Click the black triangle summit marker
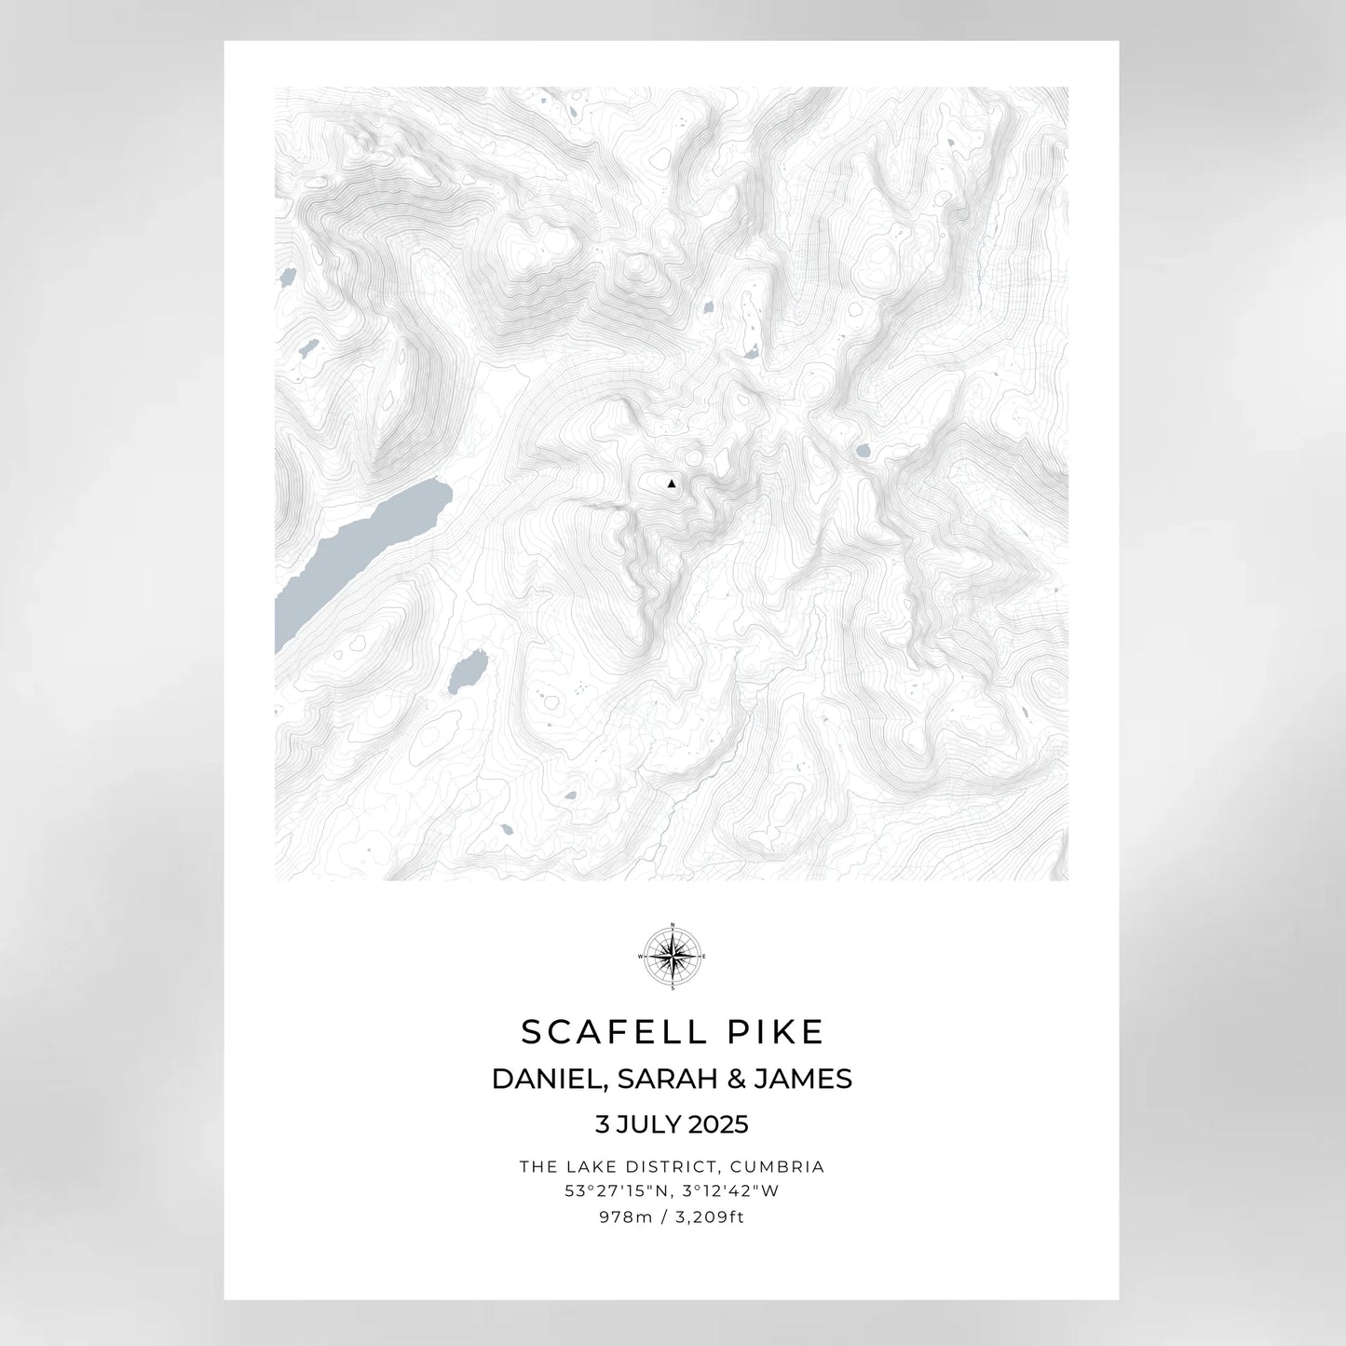coord(671,483)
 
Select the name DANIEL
coord(546,1079)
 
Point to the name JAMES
coord(802,1079)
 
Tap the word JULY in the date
coord(646,1125)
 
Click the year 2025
coord(718,1125)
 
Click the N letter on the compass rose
coord(672,925)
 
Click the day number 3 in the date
coord(601,1125)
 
